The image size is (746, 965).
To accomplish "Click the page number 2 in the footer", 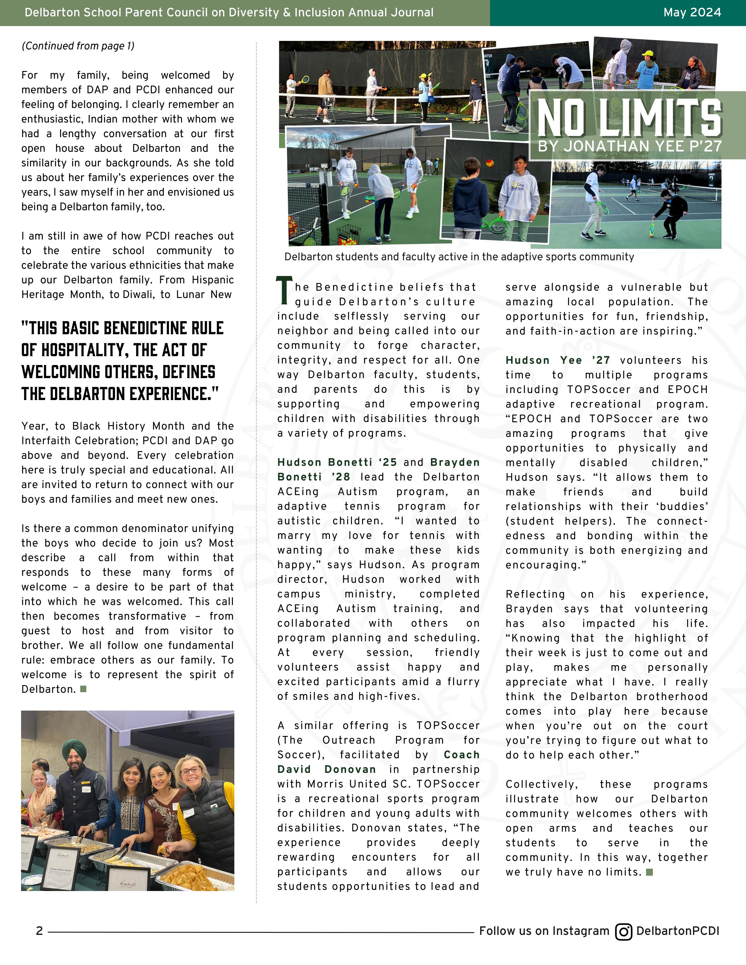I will tap(39, 931).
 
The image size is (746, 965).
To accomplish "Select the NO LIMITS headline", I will tap(629, 118).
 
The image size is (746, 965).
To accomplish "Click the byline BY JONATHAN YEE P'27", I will tap(629, 146).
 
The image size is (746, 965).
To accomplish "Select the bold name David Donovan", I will tap(326, 769).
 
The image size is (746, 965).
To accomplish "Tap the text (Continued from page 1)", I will tap(78, 46).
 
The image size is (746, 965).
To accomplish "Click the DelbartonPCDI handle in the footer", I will tap(678, 931).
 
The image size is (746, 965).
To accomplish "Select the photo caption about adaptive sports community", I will tap(459, 257).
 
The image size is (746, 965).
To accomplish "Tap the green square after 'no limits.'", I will tap(649, 872).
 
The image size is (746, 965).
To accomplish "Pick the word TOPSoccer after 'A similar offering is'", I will tap(448, 726).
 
